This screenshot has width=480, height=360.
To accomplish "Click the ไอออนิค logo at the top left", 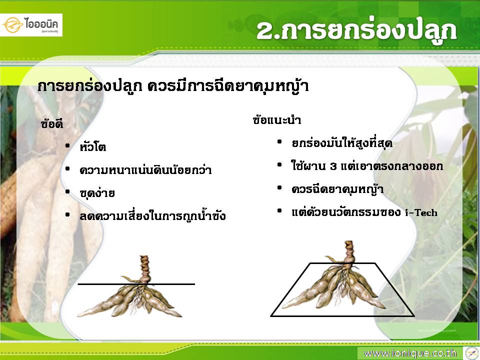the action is coord(31,25).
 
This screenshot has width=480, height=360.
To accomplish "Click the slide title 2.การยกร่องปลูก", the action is coord(356,30).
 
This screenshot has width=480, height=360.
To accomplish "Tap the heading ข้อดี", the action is coord(51,123).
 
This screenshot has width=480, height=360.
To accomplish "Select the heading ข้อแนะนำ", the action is coord(276,119).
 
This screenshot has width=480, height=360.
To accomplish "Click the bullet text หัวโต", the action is coord(92,146).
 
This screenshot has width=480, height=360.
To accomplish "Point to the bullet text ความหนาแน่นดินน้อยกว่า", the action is coord(145,170).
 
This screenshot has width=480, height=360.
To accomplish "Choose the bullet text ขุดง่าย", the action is coord(97,193).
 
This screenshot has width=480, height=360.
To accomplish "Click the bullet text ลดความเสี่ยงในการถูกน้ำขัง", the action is coord(152,216).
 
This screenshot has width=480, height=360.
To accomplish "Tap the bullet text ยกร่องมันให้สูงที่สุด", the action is coord(342,142).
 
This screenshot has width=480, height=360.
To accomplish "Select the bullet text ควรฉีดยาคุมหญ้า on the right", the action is coord(337,189).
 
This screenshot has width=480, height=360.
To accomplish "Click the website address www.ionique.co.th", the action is coord(410,353).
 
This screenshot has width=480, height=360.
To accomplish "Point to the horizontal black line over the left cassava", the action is coord(136,284).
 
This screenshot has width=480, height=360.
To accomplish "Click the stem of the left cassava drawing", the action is coord(144,269).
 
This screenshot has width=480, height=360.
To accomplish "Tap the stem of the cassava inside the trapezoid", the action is coord(348,252).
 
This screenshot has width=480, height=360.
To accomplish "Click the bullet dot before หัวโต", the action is coord(67,146).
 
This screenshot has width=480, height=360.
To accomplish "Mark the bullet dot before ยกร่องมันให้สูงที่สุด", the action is coord(279,141).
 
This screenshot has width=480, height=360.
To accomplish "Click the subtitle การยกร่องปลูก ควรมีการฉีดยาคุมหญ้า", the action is coord(172,86).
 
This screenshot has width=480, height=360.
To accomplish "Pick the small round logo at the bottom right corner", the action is coord(471,353).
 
